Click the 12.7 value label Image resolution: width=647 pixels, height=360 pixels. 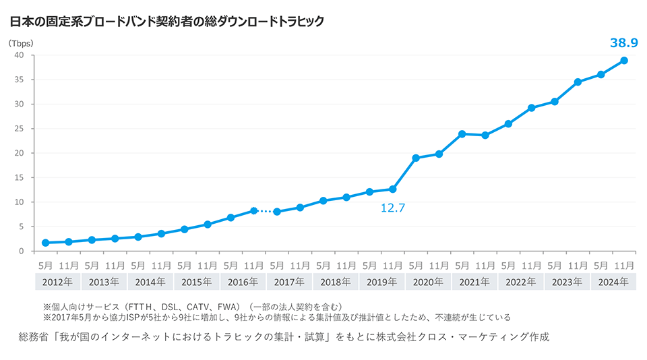[392, 208]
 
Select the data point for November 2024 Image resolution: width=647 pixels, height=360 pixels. [624, 61]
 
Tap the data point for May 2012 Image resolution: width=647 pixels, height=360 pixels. [45, 243]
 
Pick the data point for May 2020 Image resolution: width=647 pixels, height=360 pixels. [416, 158]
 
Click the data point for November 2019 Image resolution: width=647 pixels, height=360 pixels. [393, 189]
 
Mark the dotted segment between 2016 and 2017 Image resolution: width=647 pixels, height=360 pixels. [265, 211]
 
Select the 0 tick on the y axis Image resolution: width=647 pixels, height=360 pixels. [22, 251]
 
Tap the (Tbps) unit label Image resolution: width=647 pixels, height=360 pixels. [21, 42]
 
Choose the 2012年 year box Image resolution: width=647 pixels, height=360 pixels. [57, 282]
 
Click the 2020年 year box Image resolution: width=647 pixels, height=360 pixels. [427, 282]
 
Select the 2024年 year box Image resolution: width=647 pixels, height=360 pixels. [613, 282]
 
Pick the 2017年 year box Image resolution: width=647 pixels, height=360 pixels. [288, 282]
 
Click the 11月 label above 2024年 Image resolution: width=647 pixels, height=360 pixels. [624, 264]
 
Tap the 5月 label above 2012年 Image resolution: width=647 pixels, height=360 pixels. [45, 264]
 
